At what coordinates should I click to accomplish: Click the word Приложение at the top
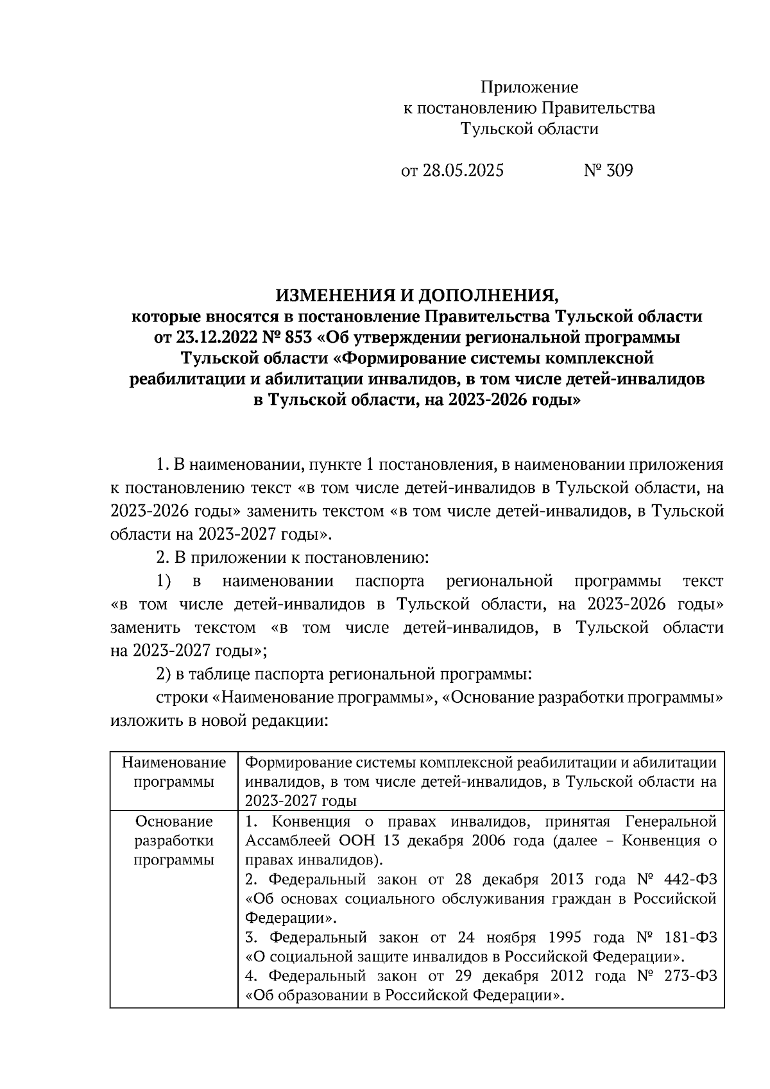529,87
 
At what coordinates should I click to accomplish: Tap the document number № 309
608,171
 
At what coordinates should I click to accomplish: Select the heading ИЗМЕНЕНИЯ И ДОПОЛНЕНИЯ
417,295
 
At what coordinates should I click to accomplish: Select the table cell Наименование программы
174,772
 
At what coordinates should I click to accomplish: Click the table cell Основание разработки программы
174,840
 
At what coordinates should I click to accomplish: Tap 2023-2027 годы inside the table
300,801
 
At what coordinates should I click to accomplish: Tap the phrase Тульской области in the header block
529,129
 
